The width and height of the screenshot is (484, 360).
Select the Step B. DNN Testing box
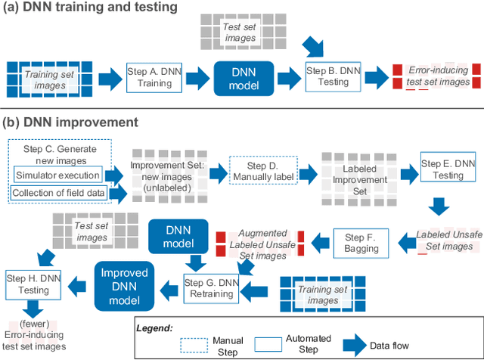pyautogui.click(x=334, y=76)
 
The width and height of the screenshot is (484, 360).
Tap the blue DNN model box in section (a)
pyautogui.click(x=243, y=76)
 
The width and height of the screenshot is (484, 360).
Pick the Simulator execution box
pyautogui.click(x=57, y=175)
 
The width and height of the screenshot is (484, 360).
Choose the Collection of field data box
pyautogui.click(x=58, y=194)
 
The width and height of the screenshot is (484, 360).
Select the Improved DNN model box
pyautogui.click(x=124, y=284)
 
